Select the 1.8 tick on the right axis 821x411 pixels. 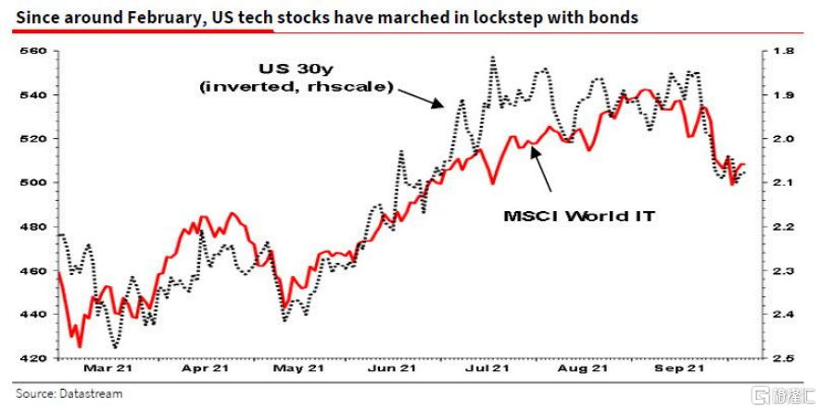(x=780, y=52)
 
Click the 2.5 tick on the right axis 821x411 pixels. (x=780, y=358)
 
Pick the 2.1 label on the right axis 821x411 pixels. (x=780, y=183)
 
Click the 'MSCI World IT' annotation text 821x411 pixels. (x=579, y=216)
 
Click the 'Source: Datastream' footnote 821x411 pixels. (x=69, y=394)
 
